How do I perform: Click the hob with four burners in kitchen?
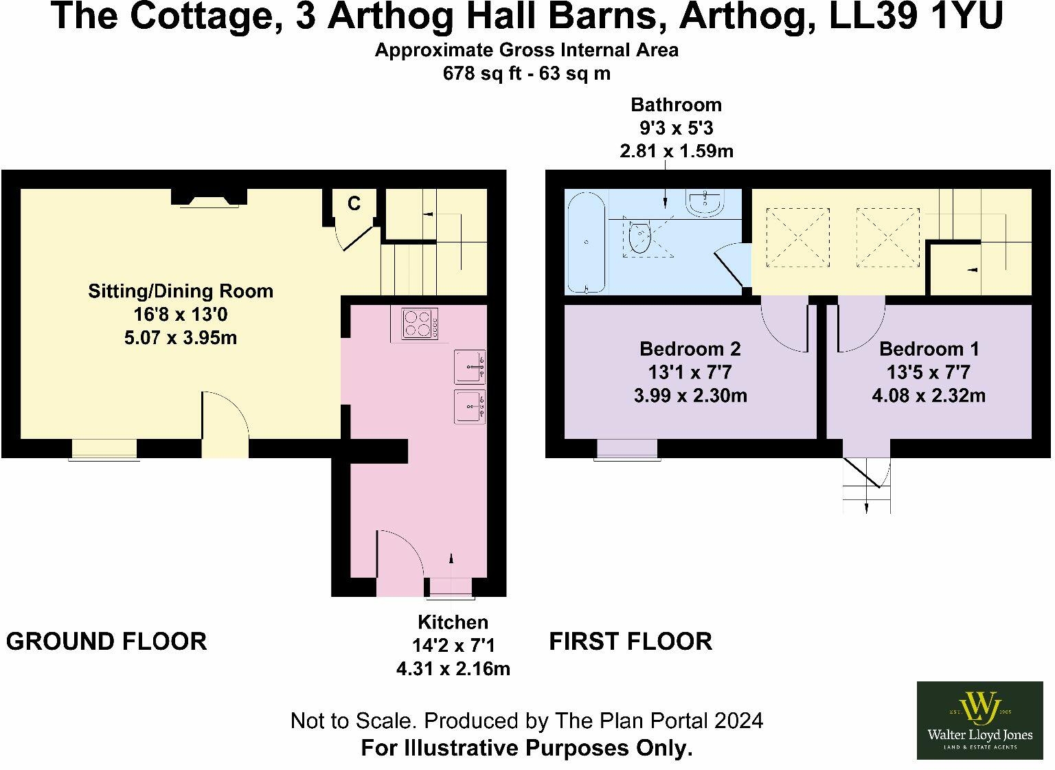pos(420,324)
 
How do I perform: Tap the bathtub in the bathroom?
pos(585,242)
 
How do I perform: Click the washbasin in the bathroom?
pos(704,202)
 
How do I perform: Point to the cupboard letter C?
pos(353,203)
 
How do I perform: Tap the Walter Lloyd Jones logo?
pos(979,720)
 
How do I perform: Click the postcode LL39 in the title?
pos(872,16)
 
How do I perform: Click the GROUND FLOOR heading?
pos(106,642)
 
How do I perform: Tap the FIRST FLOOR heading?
pos(630,642)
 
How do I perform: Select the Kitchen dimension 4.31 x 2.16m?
pos(453,668)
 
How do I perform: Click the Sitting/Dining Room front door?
pos(224,426)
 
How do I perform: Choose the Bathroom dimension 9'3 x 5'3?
pos(676,128)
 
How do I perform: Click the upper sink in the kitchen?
pos(469,367)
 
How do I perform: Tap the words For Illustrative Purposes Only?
pos(526,747)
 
